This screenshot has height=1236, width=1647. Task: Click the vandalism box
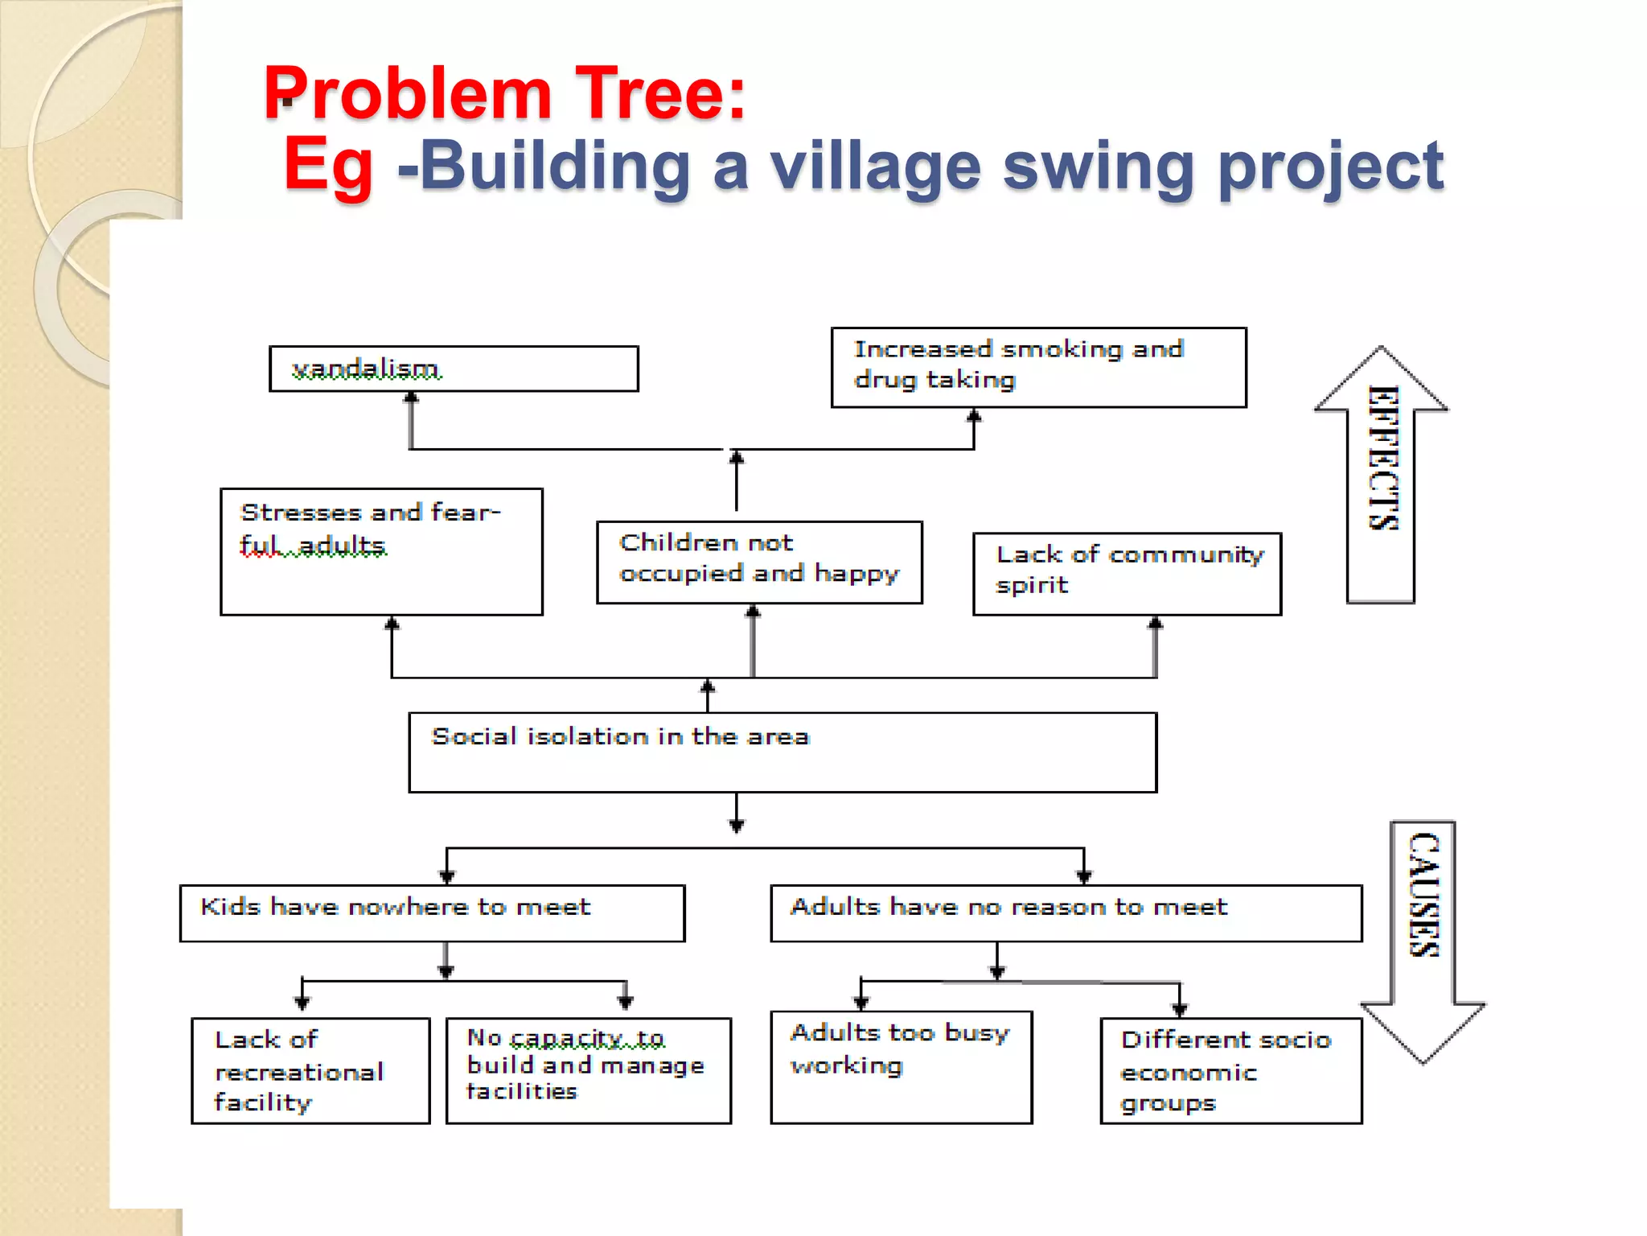454,369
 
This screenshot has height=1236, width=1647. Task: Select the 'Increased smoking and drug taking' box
1038,367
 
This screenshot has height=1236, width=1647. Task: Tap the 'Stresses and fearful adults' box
381,552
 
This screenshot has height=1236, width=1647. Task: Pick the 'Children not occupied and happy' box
759,562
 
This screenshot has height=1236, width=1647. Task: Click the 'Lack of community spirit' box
1127,574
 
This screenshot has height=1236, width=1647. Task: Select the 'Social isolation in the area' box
782,752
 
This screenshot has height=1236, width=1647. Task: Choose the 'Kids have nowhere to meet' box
432,913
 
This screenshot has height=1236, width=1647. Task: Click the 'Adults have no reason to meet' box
1066,913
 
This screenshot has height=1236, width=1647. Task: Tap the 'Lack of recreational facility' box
310,1070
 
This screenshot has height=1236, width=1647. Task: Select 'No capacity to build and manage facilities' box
588,1070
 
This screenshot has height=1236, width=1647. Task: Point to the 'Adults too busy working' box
901,1067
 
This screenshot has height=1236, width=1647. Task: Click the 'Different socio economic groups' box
1230,1070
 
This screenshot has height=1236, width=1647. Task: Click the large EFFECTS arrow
1381,475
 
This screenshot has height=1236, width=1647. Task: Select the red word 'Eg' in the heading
328,166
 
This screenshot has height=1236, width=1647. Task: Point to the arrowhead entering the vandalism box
411,398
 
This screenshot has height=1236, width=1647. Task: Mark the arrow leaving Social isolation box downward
737,813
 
